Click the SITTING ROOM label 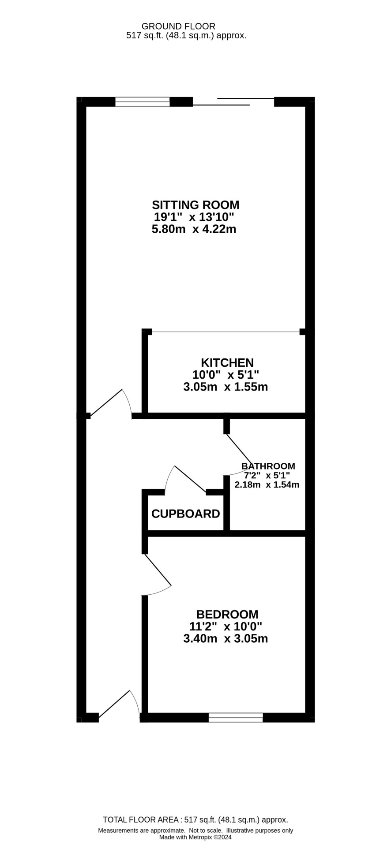tap(195, 205)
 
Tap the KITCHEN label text tap(227, 363)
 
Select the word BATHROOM tap(268, 466)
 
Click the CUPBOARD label tap(185, 514)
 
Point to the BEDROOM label tap(227, 614)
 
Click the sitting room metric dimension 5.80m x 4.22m tap(194, 229)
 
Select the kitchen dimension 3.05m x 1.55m tap(226, 387)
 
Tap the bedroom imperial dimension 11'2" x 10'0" tap(226, 626)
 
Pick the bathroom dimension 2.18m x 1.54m tap(267, 484)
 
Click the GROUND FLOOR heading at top tap(178, 26)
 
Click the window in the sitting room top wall tap(143, 101)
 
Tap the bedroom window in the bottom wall tap(236, 717)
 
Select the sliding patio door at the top tap(233, 101)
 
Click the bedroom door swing tap(158, 570)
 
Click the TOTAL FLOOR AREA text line tap(195, 820)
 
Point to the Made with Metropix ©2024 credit tap(195, 837)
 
